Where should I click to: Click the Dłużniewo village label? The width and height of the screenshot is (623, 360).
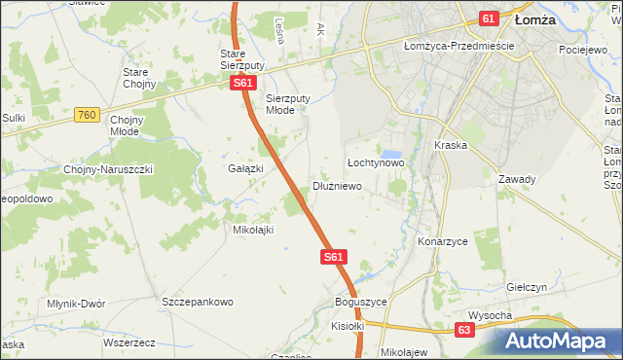(x=338, y=186)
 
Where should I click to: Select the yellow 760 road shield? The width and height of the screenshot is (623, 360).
(x=87, y=115)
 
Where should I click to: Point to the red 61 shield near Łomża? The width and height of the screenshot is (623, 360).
(x=489, y=18)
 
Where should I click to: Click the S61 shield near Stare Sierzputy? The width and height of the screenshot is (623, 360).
(x=243, y=84)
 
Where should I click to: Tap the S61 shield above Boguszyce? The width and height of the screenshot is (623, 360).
(x=333, y=257)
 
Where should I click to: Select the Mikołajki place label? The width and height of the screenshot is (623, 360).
(x=252, y=230)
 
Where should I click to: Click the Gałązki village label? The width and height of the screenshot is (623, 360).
(x=246, y=168)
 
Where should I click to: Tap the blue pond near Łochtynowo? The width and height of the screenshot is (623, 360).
(x=391, y=154)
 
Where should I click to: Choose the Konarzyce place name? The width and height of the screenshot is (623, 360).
(x=443, y=240)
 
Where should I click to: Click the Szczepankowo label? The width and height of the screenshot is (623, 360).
(x=199, y=302)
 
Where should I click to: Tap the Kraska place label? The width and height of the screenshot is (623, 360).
(x=452, y=145)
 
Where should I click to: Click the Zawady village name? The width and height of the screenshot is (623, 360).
(x=517, y=179)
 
